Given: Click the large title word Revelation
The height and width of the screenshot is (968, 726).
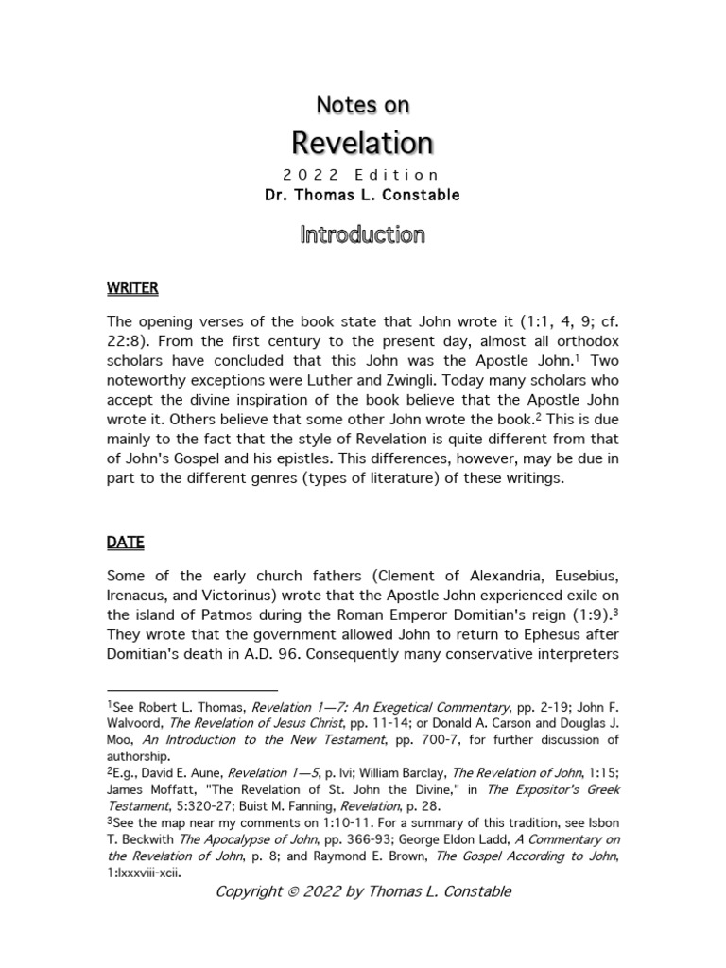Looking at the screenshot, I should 362,143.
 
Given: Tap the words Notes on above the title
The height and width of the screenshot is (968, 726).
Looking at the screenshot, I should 362,105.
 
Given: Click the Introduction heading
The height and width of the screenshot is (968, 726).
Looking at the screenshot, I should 362,234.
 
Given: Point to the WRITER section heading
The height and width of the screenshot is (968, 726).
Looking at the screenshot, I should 131,287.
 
